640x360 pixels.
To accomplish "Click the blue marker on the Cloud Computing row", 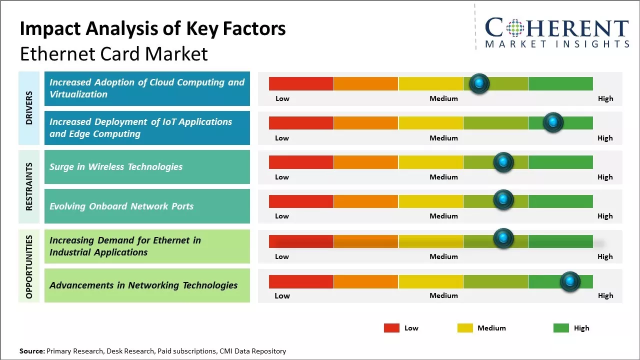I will [479, 83].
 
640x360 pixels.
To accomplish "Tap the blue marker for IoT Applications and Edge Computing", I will [553, 122].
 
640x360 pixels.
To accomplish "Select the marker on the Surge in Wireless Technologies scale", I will [503, 161].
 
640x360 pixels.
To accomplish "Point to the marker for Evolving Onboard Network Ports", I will [503, 199].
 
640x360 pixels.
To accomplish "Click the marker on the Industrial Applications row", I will [503, 238].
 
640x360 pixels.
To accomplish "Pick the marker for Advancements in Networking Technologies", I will [569, 281].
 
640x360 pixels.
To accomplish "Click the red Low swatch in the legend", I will [391, 328].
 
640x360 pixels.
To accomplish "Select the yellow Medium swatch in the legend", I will [465, 328].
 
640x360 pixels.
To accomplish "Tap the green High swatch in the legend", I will [561, 328].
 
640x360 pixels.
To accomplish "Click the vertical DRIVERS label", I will [29, 108].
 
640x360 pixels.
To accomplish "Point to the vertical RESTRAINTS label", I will [29, 186].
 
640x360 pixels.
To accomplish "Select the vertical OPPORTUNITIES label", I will [29, 266].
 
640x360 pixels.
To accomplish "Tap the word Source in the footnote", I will [31, 351].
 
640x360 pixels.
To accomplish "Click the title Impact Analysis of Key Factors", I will [152, 29].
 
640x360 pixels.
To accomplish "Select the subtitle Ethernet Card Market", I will [113, 54].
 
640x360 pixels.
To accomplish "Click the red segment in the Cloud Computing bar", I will [301, 83].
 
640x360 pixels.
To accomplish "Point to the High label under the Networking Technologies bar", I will [605, 295].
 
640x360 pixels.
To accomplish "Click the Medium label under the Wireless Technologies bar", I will [443, 177].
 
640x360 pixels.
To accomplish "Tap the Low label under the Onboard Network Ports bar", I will [282, 216].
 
